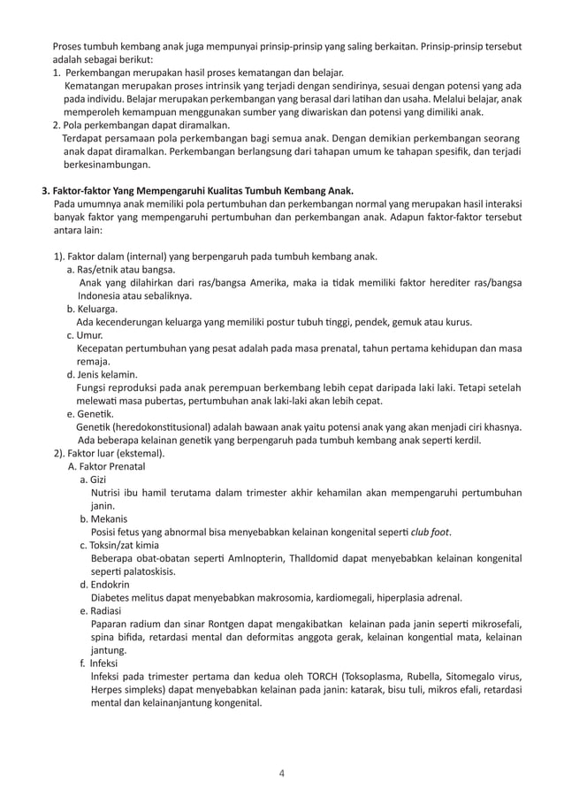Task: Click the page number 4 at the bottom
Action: [281, 774]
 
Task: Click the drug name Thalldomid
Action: [298, 558]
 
